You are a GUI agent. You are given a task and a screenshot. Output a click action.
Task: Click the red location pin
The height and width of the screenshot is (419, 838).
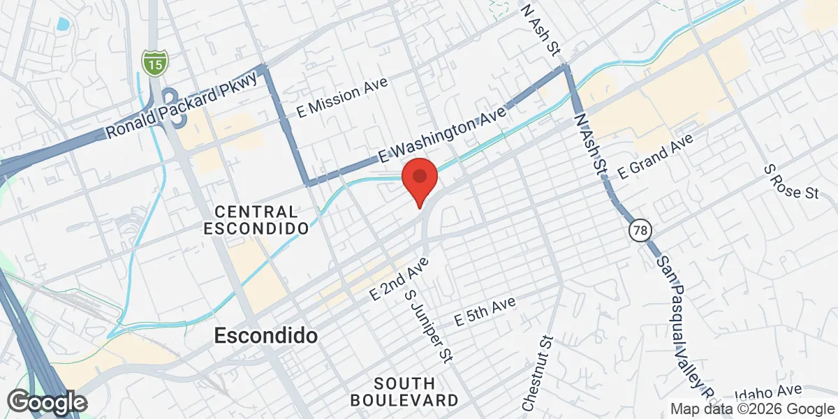click(419, 179)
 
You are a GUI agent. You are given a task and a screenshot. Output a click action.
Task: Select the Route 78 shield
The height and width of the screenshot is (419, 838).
click(638, 230)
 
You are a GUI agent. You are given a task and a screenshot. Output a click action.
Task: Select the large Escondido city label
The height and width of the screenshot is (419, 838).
click(265, 336)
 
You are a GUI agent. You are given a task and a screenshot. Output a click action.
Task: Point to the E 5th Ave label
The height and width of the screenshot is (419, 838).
click(485, 311)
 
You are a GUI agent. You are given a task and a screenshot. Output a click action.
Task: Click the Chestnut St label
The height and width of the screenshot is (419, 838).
click(536, 373)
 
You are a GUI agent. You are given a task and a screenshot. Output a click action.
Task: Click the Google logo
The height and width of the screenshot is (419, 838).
click(47, 402)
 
